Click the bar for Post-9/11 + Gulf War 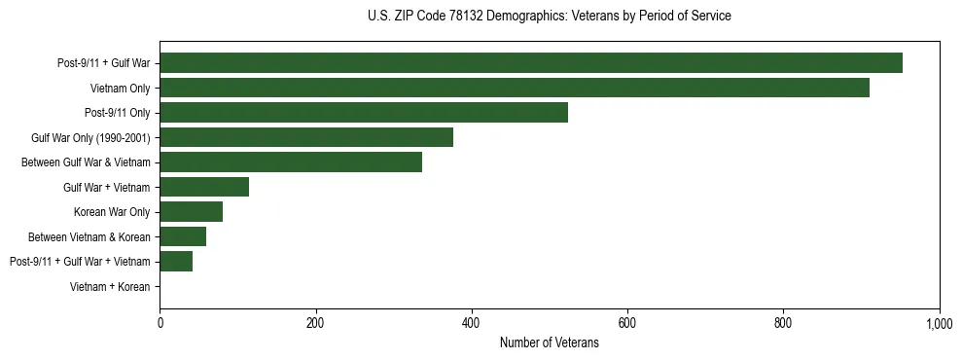pyautogui.click(x=530, y=63)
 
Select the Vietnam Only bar pyautogui.click(x=514, y=88)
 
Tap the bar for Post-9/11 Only pyautogui.click(x=363, y=113)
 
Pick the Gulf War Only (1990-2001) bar pyautogui.click(x=305, y=137)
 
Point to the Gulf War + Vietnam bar pyautogui.click(x=203, y=187)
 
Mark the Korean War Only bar pyautogui.click(x=191, y=212)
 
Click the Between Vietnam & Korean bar pyautogui.click(x=182, y=236)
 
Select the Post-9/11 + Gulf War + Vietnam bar pyautogui.click(x=175, y=262)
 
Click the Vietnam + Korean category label pyautogui.click(x=110, y=287)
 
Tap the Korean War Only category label pyautogui.click(x=112, y=212)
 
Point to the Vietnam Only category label pyautogui.click(x=120, y=89)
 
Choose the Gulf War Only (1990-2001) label pyautogui.click(x=90, y=138)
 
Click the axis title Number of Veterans pyautogui.click(x=549, y=342)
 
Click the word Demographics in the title pyautogui.click(x=530, y=17)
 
